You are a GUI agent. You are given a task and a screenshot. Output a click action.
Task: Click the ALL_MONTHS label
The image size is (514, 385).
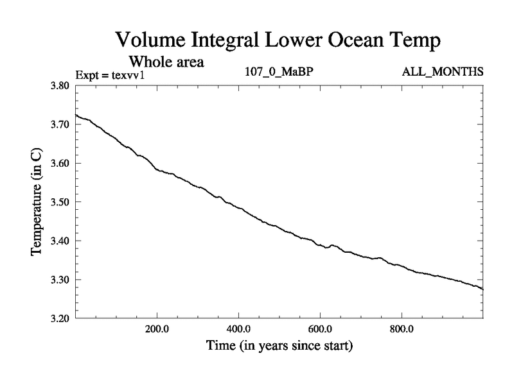442,72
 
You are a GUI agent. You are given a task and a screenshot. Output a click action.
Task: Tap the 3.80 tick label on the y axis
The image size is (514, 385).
63,85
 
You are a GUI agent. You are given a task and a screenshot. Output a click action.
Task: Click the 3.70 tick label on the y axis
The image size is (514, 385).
63,124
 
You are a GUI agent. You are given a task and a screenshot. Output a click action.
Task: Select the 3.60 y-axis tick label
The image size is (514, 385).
63,163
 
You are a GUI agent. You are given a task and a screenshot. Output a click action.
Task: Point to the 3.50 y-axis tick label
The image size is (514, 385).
63,202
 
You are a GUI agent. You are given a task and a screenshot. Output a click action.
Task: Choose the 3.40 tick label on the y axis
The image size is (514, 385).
63,241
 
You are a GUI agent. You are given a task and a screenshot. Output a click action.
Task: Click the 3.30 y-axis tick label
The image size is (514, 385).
63,280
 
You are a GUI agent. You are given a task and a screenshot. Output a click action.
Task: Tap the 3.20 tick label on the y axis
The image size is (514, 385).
63,318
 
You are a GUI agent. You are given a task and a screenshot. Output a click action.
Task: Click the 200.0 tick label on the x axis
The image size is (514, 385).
157,329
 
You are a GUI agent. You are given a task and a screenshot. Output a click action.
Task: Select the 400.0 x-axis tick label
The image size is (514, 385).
238,329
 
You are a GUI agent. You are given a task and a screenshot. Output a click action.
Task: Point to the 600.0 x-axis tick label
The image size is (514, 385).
320,329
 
